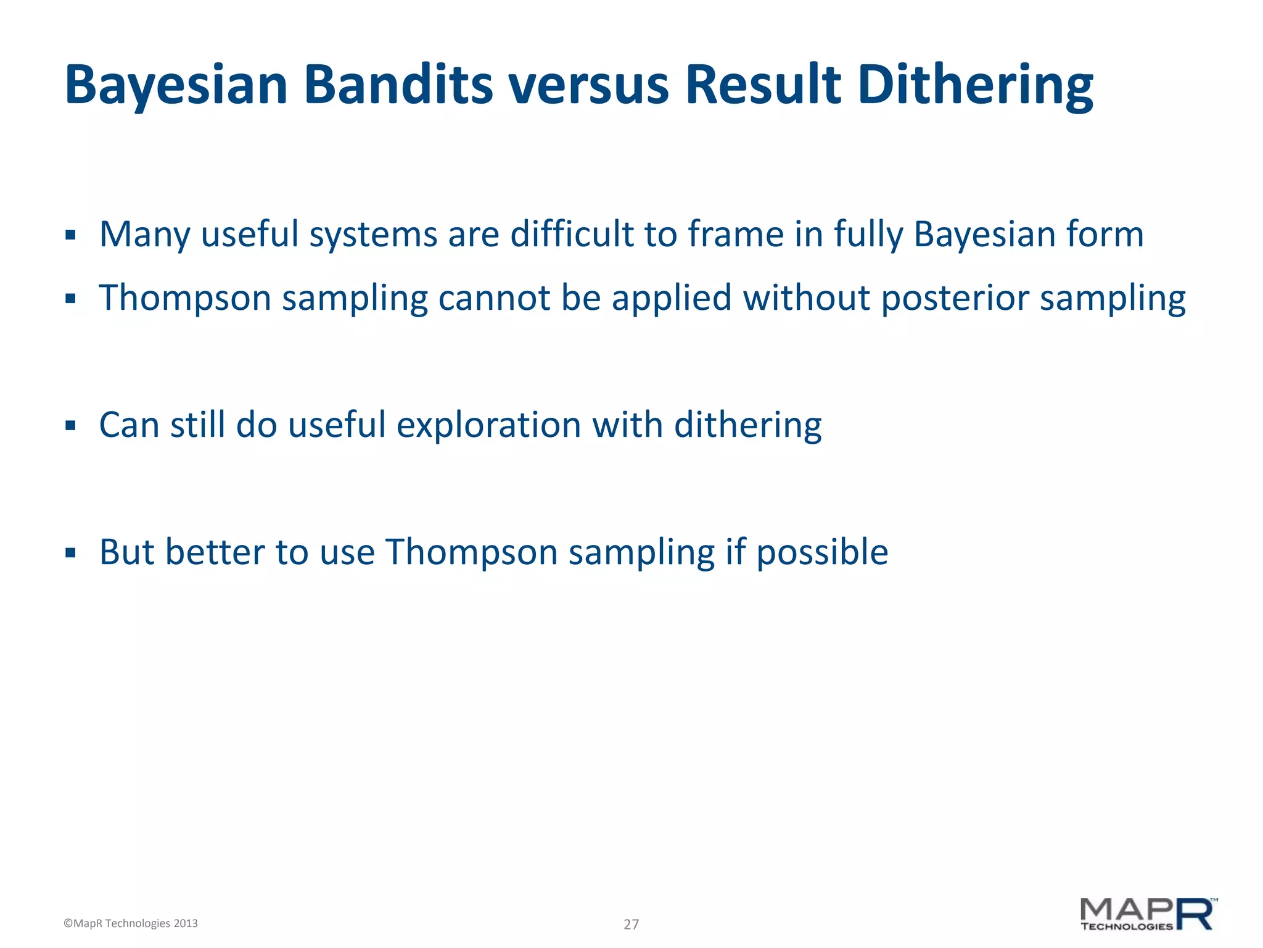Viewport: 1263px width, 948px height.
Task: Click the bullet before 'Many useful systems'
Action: click(70, 235)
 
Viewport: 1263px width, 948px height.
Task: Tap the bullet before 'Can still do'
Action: click(70, 425)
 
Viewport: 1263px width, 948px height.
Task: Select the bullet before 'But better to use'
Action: click(70, 552)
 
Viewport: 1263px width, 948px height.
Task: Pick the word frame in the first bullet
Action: click(736, 235)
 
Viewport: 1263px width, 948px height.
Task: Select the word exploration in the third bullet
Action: click(488, 425)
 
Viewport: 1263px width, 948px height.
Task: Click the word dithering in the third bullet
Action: click(747, 425)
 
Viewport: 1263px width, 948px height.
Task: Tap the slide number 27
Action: click(631, 924)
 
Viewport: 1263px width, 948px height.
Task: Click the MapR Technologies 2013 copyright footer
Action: click(131, 923)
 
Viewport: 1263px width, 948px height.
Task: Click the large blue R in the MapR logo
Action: click(1195, 914)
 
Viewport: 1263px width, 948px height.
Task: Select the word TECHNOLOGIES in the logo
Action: click(1126, 926)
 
